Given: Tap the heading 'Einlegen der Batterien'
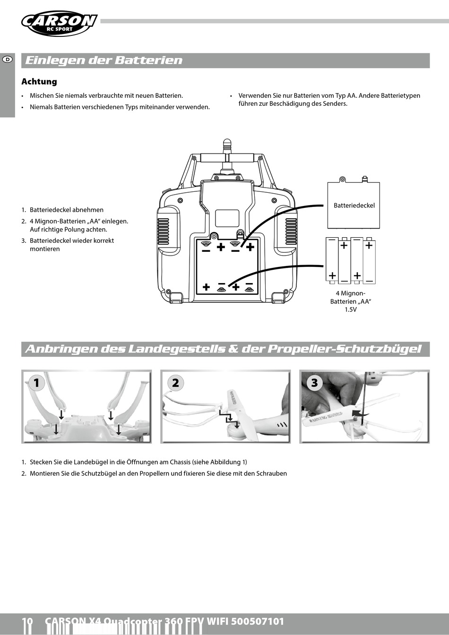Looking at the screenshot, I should point(104,60).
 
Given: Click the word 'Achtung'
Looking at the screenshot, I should point(39,82).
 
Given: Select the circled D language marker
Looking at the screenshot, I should point(8,60).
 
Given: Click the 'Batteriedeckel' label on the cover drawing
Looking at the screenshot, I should point(354,206).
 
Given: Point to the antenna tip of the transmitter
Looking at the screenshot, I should point(227,142).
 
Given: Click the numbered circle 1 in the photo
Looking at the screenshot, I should point(36,382).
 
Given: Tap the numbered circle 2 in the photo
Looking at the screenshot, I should point(175,382).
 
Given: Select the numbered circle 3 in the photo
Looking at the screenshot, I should point(315,382).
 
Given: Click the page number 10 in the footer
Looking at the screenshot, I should point(27,622).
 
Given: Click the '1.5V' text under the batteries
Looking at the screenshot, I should point(351,310).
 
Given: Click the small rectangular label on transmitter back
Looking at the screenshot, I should point(227,218).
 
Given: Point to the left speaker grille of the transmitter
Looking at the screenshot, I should point(163,231).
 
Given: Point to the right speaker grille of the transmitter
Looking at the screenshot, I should point(291,231).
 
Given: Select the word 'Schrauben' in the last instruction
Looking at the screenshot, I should point(272,473).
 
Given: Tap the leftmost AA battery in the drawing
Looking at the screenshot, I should point(332,260).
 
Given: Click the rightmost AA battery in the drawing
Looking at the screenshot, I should point(369,260).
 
